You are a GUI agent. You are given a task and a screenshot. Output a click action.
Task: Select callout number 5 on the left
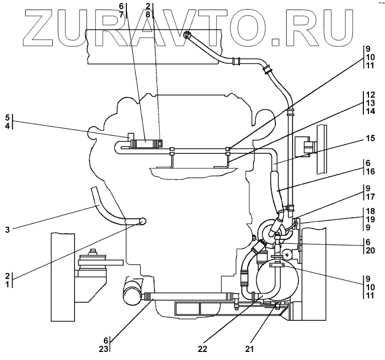[x=8, y=118]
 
